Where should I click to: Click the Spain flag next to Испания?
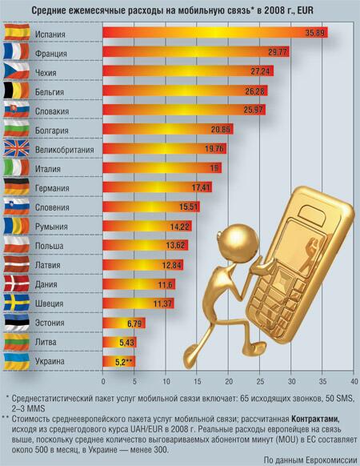coord(17,32)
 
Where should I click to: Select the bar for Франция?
coord(196,52)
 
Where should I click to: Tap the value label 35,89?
coord(315,33)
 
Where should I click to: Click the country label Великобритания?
coord(65,150)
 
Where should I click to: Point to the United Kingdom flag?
coord(17,148)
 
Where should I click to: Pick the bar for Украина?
coord(119,361)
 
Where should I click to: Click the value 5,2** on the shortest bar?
coord(125,362)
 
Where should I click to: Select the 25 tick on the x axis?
coord(260,381)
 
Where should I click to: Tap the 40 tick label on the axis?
coord(354,381)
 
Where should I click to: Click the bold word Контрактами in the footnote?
coord(315,419)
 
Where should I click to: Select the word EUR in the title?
coord(305,11)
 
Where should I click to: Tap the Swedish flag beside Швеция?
coord(17,302)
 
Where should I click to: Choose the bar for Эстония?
coord(124,323)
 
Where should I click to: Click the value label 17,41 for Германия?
coord(201,188)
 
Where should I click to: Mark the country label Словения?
coord(52,207)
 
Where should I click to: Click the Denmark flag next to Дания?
coord(17,283)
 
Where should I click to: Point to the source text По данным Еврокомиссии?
coord(310,460)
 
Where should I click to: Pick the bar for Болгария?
coord(168,129)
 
